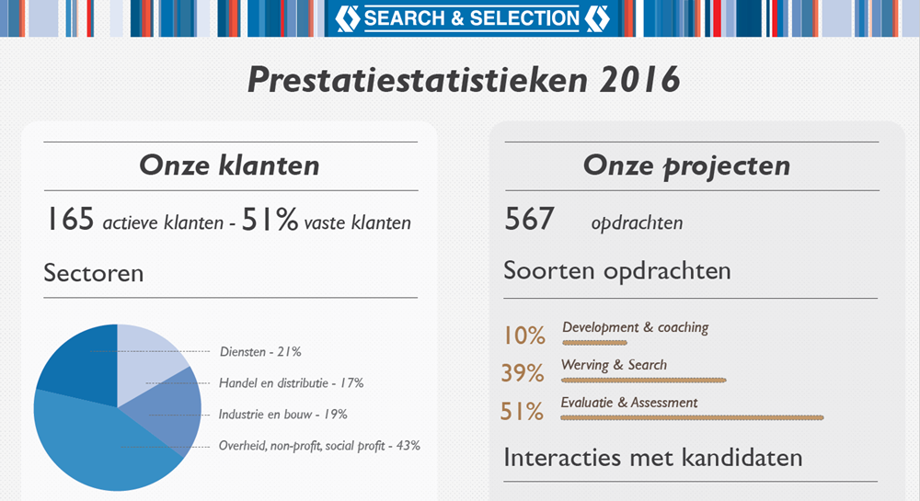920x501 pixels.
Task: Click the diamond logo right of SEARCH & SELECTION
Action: [596, 17]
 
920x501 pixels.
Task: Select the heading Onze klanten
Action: [229, 165]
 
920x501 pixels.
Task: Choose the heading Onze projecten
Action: [686, 165]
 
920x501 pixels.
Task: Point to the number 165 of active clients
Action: [71, 220]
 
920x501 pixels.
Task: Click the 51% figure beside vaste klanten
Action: [270, 220]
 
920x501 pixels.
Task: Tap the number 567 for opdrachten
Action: [529, 220]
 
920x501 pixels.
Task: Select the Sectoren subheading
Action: [93, 273]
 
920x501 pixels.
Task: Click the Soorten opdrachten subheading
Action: [616, 271]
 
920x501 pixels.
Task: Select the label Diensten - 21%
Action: [260, 351]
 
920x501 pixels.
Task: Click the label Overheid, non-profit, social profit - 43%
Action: [319, 446]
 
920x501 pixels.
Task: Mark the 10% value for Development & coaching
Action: [523, 336]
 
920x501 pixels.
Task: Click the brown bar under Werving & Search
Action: [643, 379]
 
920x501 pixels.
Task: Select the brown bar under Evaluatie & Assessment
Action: [691, 417]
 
